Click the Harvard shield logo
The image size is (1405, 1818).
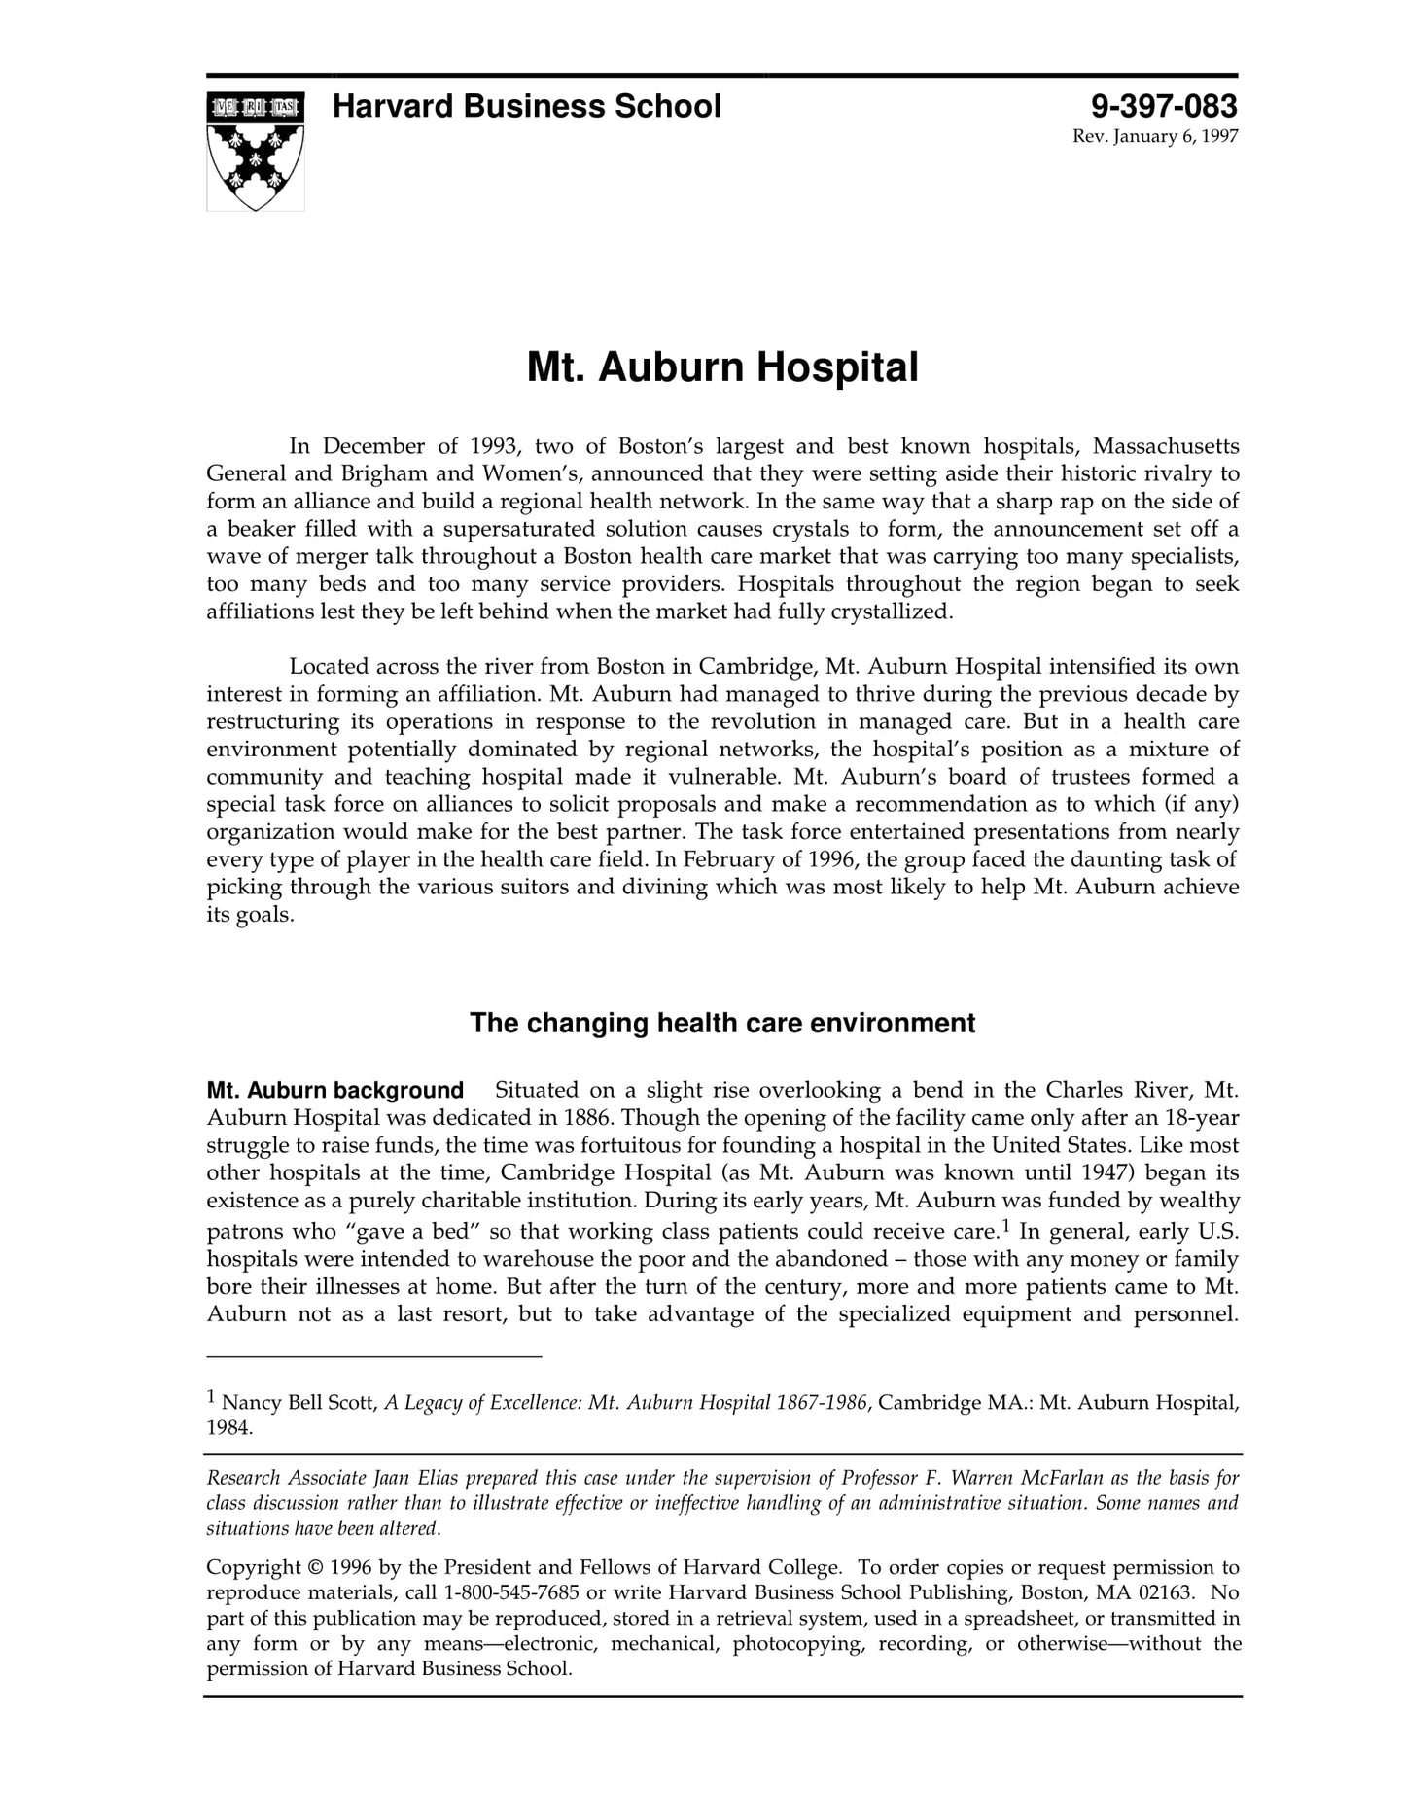[x=255, y=151]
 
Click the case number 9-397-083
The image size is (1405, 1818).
[x=1164, y=106]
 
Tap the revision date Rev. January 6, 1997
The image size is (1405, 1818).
[x=1154, y=136]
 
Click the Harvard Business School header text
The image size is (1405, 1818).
[x=526, y=106]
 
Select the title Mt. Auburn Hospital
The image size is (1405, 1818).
[x=721, y=367]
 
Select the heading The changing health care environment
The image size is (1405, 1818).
[x=721, y=1023]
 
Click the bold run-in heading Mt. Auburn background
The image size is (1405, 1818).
[x=334, y=1090]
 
